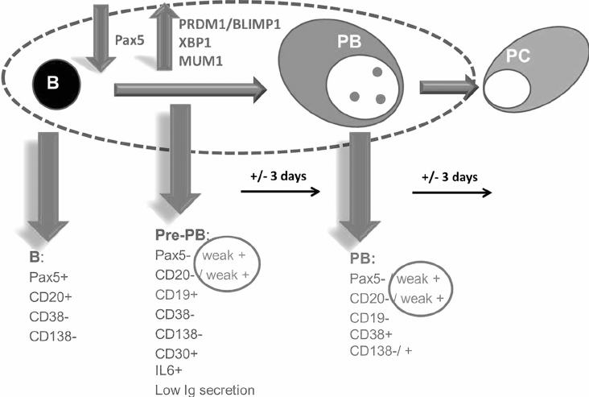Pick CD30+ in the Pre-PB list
coord(171,354)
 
